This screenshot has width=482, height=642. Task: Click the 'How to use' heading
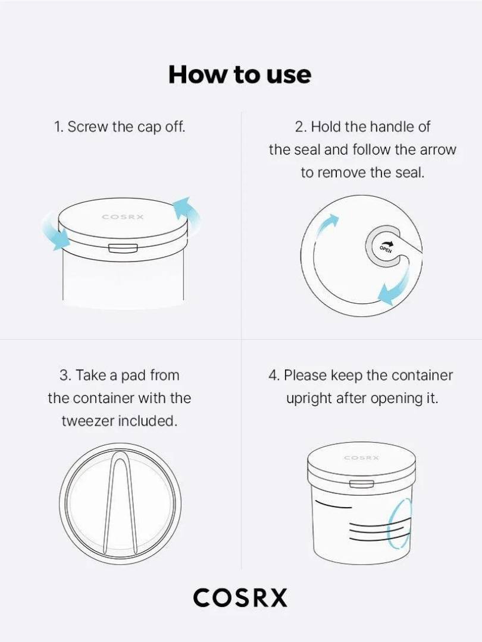tap(240, 74)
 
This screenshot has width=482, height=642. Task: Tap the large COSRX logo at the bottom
tap(240, 597)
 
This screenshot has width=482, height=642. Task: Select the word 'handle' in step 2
tap(392, 127)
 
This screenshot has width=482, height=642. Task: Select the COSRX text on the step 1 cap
tap(123, 217)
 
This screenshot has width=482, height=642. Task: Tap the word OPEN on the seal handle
tap(385, 249)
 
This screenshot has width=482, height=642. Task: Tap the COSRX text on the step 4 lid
tap(362, 457)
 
